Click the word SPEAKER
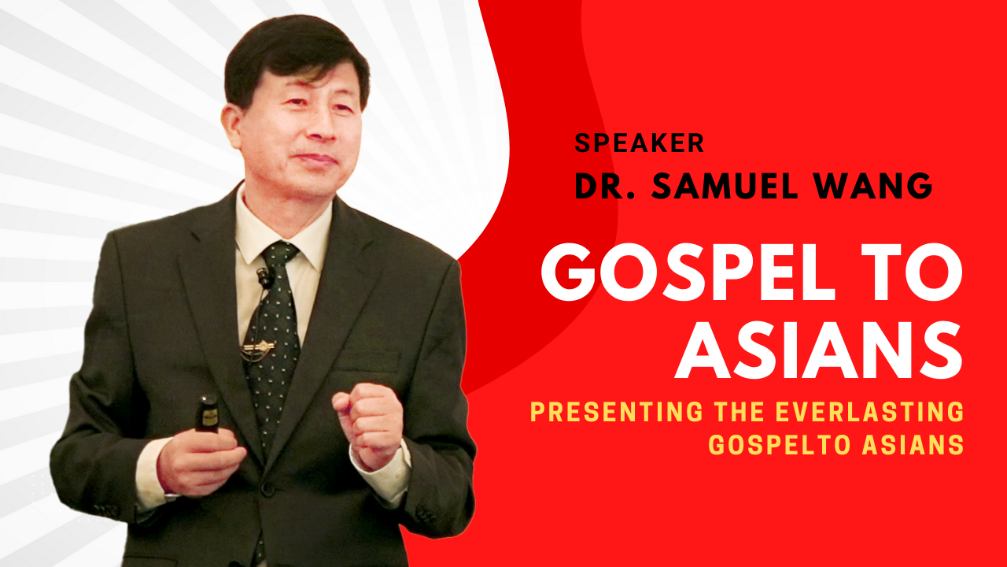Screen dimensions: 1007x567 pyautogui.click(x=639, y=143)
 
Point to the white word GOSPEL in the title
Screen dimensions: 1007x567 pyautogui.click(x=688, y=272)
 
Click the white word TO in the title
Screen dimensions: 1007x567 pyautogui.click(x=911, y=272)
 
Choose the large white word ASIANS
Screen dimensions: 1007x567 pyautogui.click(x=818, y=350)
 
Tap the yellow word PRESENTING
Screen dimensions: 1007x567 pyautogui.click(x=616, y=411)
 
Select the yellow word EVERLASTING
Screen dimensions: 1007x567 pyautogui.click(x=870, y=411)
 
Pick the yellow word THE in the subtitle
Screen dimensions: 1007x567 pyautogui.click(x=740, y=411)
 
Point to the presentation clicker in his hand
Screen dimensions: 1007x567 pyautogui.click(x=207, y=413)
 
